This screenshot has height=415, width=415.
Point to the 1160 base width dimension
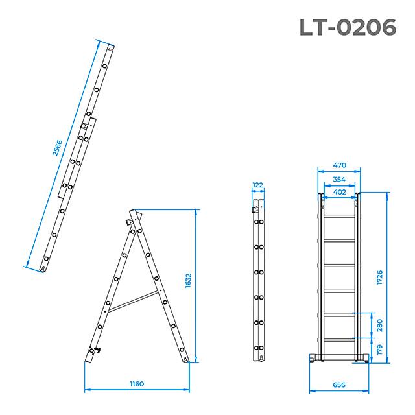point(137,384)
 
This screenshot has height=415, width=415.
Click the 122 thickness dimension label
point(258,185)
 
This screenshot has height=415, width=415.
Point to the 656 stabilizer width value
point(338,385)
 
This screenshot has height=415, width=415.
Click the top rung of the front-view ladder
point(338,215)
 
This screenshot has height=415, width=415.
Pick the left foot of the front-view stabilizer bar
point(313,360)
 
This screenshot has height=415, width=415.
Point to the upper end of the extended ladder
point(111,47)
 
